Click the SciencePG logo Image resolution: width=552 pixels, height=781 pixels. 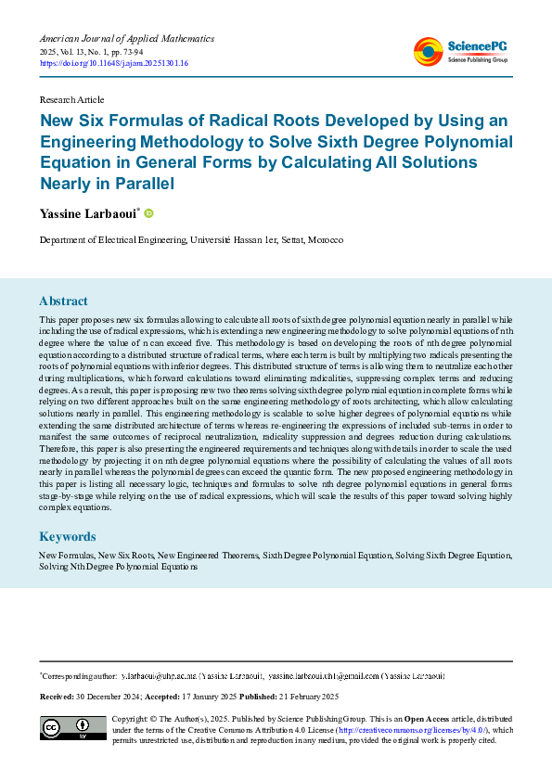tap(461, 51)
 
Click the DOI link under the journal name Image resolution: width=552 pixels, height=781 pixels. tap(114, 63)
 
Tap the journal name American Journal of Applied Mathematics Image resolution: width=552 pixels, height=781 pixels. tap(126, 39)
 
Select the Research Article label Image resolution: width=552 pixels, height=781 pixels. tap(71, 99)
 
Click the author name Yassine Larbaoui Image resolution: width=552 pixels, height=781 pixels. tap(87, 214)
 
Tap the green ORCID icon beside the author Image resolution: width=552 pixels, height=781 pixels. tap(148, 213)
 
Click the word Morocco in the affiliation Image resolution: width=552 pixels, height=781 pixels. tap(325, 239)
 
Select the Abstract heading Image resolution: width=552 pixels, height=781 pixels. tap(63, 301)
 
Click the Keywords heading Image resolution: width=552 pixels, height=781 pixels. tap(67, 537)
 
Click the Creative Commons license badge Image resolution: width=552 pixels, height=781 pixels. tap(72, 728)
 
